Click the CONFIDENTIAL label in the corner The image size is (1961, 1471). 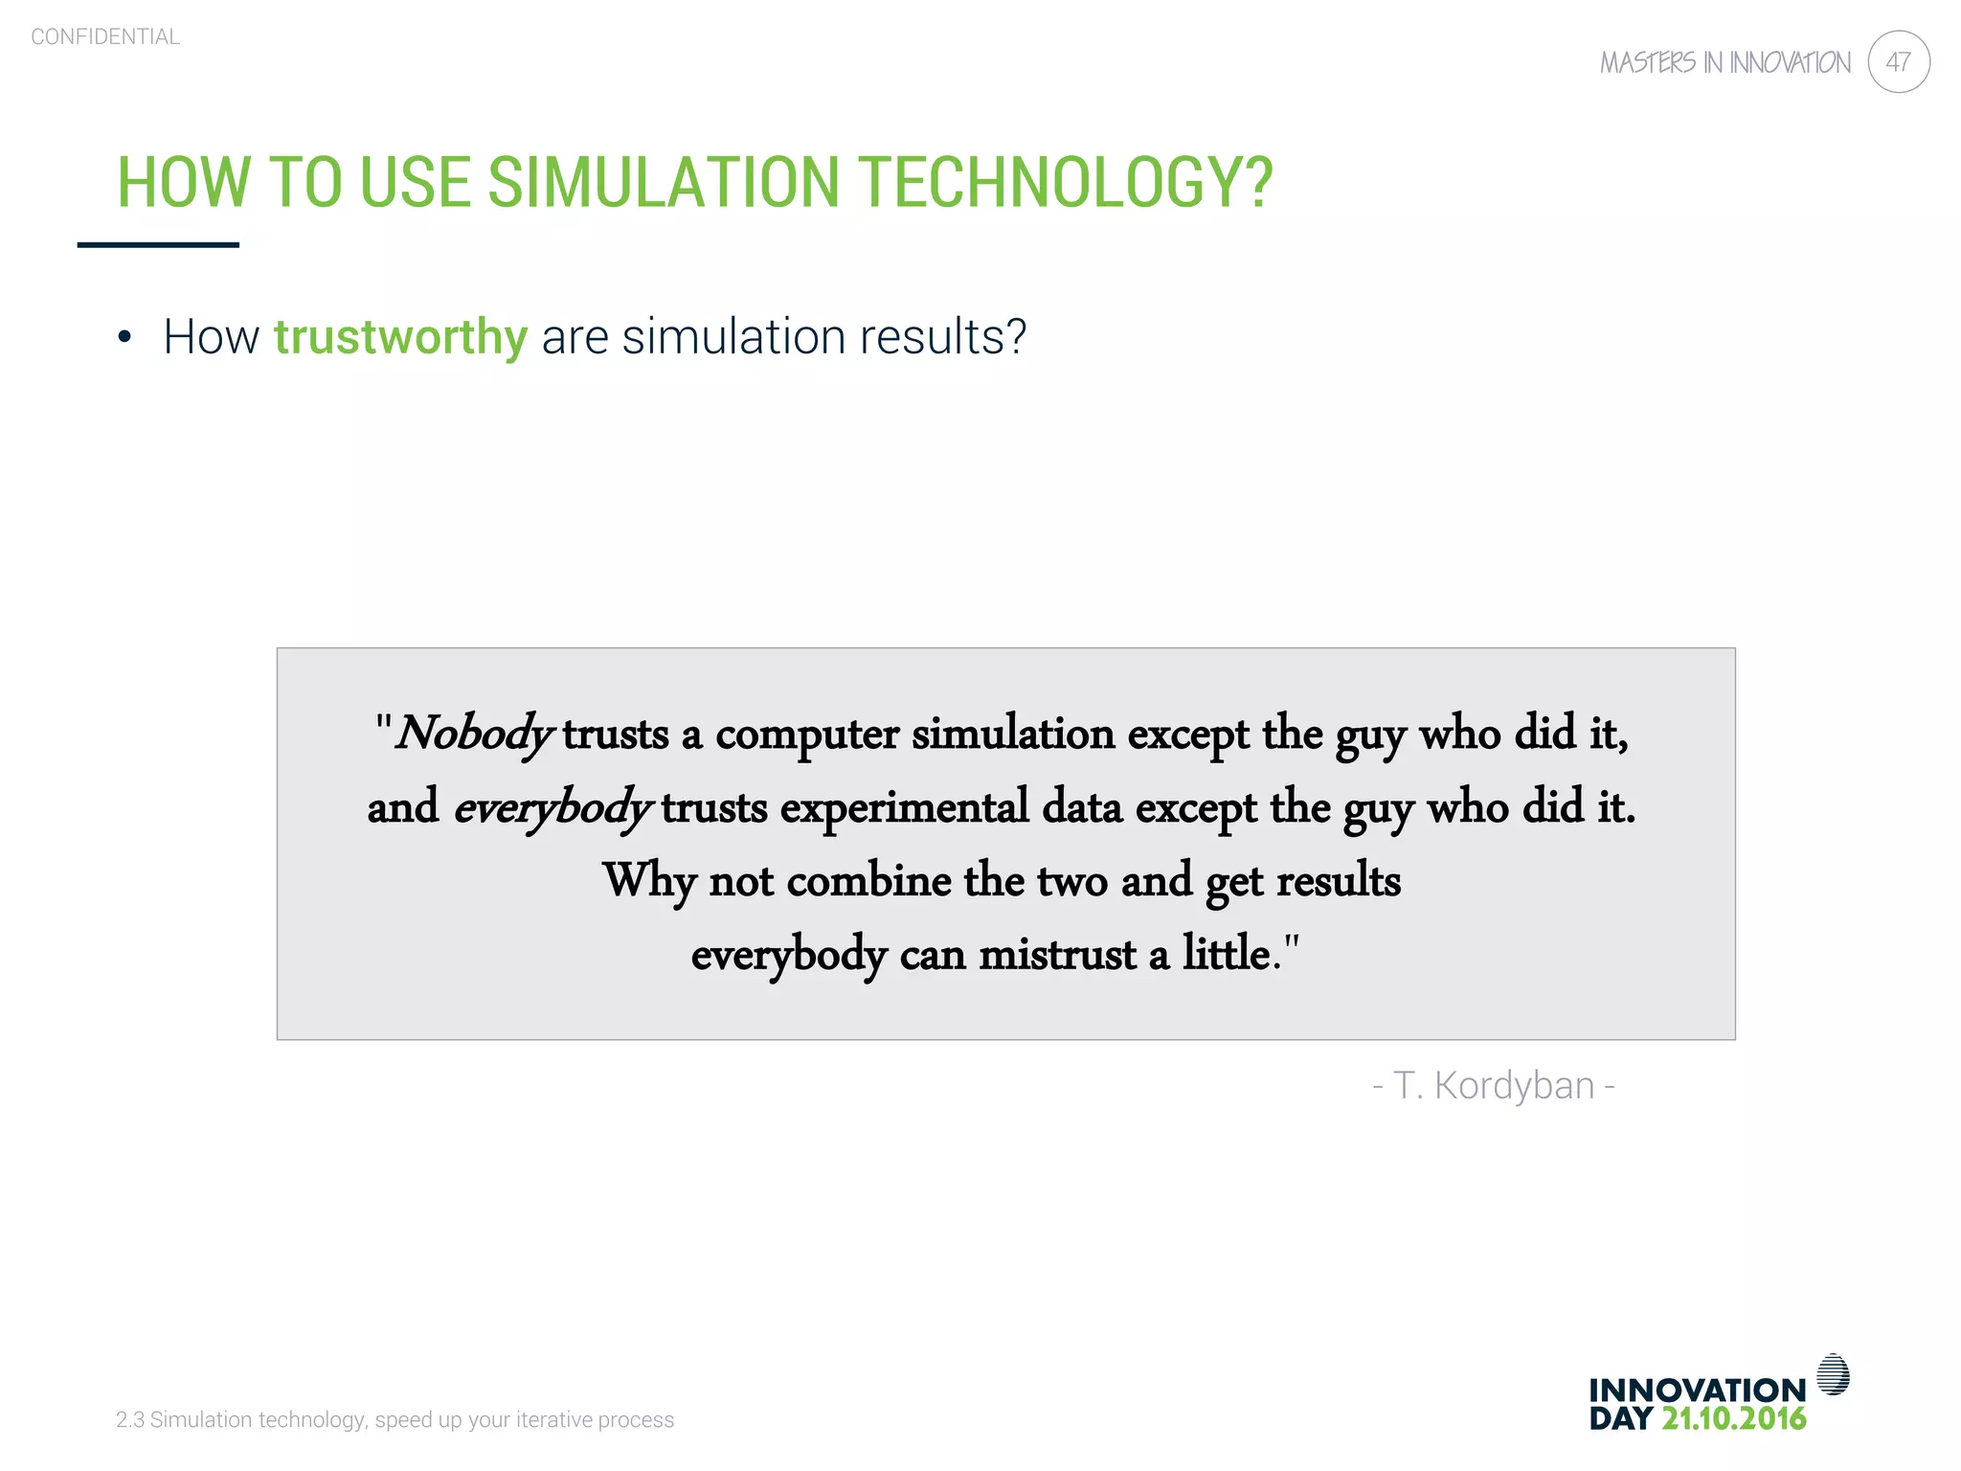(x=105, y=36)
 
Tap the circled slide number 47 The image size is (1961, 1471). (x=1898, y=62)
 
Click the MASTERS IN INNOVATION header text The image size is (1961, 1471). (x=1724, y=63)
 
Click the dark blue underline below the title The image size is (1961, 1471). (x=158, y=245)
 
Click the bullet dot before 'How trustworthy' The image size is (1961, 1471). (x=124, y=337)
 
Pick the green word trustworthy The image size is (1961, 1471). (x=400, y=337)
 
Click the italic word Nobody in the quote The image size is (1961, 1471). (x=474, y=735)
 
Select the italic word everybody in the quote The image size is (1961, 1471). (x=552, y=807)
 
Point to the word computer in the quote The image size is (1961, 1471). (x=807, y=735)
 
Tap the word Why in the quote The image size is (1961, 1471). (x=648, y=881)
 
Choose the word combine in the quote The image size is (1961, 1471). (x=868, y=881)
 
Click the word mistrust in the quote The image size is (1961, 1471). (x=1057, y=954)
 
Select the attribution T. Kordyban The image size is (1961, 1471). (x=1494, y=1086)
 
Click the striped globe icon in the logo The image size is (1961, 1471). (x=1833, y=1374)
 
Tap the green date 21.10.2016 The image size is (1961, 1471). (x=1733, y=1418)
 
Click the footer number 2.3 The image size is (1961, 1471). (x=129, y=1419)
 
